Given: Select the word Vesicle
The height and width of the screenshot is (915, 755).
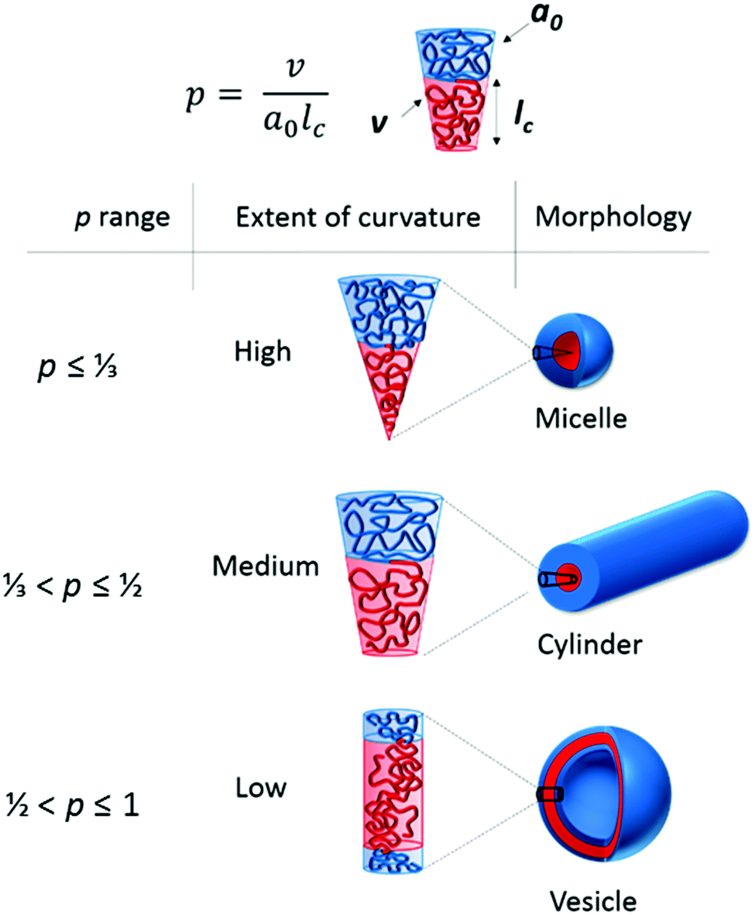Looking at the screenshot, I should point(593,900).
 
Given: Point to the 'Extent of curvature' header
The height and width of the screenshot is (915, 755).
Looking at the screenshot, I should point(357,218).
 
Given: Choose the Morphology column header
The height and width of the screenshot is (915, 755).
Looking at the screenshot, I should point(612,218).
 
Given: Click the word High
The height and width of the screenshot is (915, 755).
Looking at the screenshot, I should point(263,351).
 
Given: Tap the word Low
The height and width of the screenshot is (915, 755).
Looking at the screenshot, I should point(261,787).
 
